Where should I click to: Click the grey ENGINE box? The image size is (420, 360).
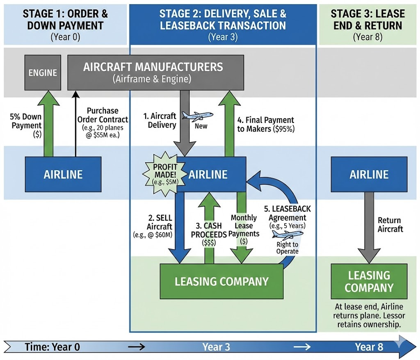click(x=43, y=73)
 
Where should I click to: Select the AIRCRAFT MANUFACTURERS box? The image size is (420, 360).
click(x=155, y=73)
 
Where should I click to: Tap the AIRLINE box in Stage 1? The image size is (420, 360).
click(x=63, y=174)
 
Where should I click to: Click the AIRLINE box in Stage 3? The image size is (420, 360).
click(x=369, y=174)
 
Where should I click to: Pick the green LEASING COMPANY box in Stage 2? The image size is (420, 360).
click(x=221, y=281)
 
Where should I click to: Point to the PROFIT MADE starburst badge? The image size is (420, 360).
click(x=164, y=174)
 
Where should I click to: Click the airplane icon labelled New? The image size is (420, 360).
click(x=198, y=116)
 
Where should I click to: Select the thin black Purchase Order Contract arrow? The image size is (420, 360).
click(x=75, y=123)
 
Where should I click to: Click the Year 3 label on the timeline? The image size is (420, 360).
click(x=216, y=347)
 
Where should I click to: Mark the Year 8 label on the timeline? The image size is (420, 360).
click(x=369, y=347)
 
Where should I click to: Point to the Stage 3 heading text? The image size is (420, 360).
click(x=367, y=19)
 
